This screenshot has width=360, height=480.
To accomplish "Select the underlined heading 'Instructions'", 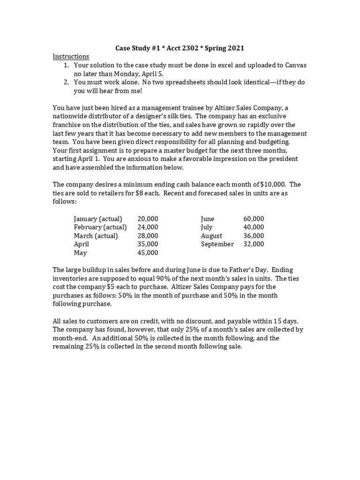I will pyautogui.click(x=71, y=56).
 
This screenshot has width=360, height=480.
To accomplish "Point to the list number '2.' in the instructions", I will pyautogui.click(x=67, y=82).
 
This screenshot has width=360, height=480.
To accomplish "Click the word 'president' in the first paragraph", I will pyautogui.click(x=283, y=159).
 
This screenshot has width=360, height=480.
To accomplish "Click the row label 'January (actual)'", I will pyautogui.click(x=98, y=219).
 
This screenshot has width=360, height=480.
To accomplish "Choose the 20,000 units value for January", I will pyautogui.click(x=148, y=219).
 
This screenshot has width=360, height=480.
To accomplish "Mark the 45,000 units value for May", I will pyautogui.click(x=148, y=253).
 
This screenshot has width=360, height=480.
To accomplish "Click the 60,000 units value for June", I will pyautogui.click(x=254, y=219).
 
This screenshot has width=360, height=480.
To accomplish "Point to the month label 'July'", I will pyautogui.click(x=207, y=227).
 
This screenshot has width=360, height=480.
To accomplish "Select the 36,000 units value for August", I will pyautogui.click(x=254, y=236).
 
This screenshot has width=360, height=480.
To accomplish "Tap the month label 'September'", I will pyautogui.click(x=217, y=244).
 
